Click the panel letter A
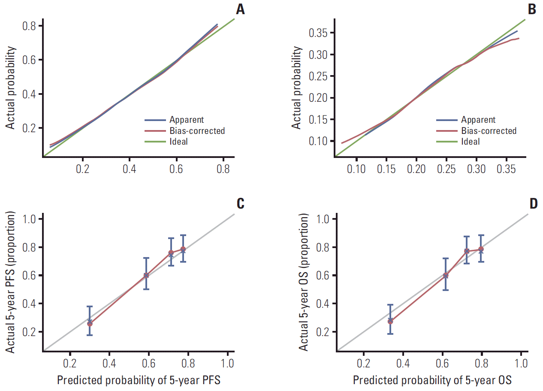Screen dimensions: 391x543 pos(241,9)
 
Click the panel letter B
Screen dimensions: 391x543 pos(532,9)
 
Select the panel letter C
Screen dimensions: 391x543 pos(240,203)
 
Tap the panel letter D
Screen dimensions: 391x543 pos(533,203)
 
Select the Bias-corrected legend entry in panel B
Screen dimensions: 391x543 pos(489,130)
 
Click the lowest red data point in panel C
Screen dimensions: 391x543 pos(90,324)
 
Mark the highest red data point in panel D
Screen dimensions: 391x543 pos(481,249)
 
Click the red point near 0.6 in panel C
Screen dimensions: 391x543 pos(146,275)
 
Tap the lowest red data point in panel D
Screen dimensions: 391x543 pos(390,321)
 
